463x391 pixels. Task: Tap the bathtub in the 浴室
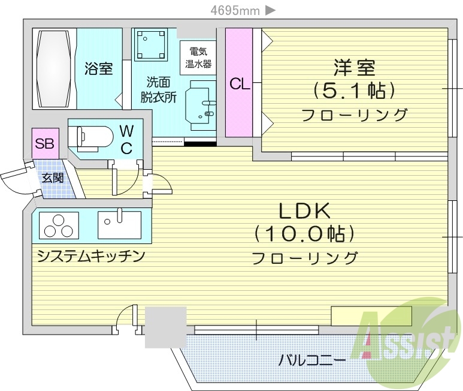point(55,68)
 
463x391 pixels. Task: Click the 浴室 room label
point(99,69)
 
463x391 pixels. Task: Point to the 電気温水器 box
point(197,58)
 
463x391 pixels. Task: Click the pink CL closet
point(239,84)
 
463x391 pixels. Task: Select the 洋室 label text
point(353,68)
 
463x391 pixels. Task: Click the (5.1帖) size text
point(354,91)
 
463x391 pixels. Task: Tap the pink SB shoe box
point(43,143)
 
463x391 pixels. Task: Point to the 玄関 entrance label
point(52,178)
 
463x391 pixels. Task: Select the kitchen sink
point(119,225)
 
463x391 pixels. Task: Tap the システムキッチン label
point(91,257)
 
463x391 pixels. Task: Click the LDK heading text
point(304,212)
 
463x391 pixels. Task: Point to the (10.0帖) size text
point(304,234)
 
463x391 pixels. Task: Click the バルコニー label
point(311,360)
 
